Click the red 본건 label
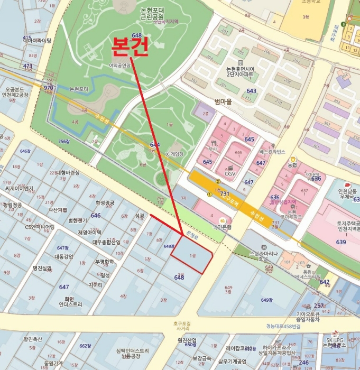tap(129, 48)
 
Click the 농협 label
tap(292, 165)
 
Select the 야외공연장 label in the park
tap(119, 66)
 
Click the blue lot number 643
tap(251, 91)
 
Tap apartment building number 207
tap(297, 62)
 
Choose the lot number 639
tap(340, 242)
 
